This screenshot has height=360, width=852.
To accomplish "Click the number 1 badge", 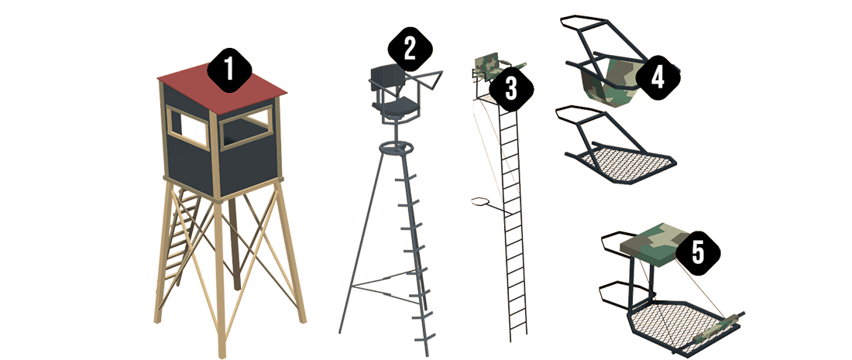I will [228, 70].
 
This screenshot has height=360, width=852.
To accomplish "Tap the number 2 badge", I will [411, 49].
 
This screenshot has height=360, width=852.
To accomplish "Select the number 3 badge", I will [510, 88].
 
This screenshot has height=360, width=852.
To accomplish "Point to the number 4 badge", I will [658, 77].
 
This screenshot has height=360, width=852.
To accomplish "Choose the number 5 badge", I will [698, 252].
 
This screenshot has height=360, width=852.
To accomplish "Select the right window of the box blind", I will [246, 129].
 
